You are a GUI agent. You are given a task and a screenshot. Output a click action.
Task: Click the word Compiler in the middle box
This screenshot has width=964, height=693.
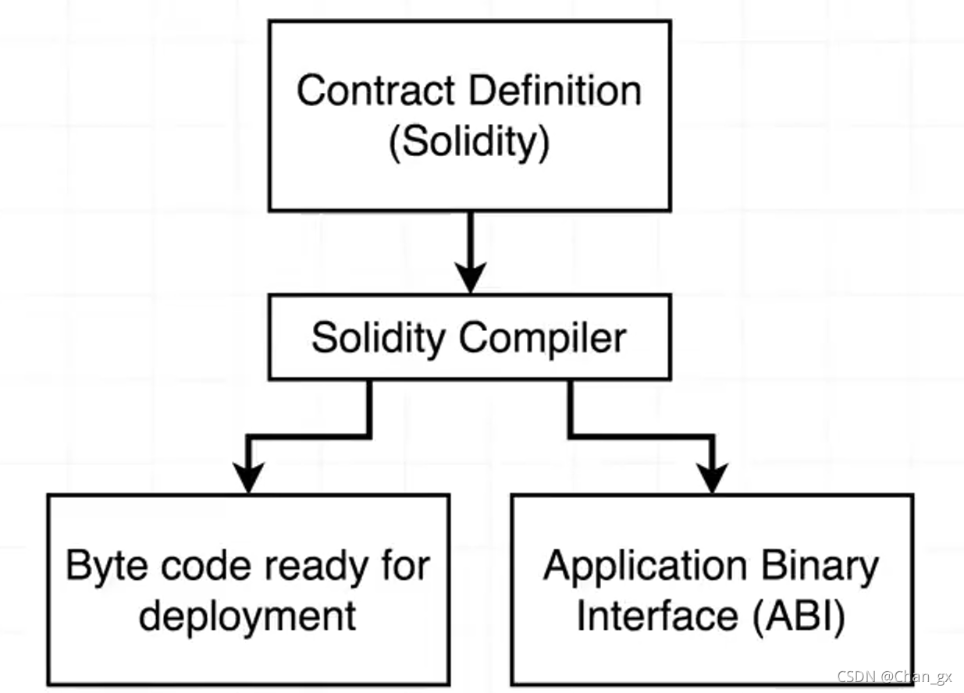pos(542,339)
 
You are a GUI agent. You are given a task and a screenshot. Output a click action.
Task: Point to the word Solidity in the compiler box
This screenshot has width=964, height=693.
pos(379,339)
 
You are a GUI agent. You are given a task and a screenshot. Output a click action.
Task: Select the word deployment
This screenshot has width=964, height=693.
pos(247,616)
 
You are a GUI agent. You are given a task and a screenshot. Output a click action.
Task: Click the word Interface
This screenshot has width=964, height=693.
pos(656,616)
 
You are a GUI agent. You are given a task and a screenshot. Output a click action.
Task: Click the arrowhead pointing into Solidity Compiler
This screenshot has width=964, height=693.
pos(470,277)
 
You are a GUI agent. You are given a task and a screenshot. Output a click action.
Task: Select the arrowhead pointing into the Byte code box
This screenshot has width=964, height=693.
pos(247,478)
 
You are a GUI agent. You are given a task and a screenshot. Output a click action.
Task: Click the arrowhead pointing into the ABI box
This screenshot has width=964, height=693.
pos(712,478)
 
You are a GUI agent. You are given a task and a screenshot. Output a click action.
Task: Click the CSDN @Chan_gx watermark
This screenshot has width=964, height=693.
pos(895,677)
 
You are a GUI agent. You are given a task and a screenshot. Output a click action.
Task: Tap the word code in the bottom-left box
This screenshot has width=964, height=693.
pos(194,565)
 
